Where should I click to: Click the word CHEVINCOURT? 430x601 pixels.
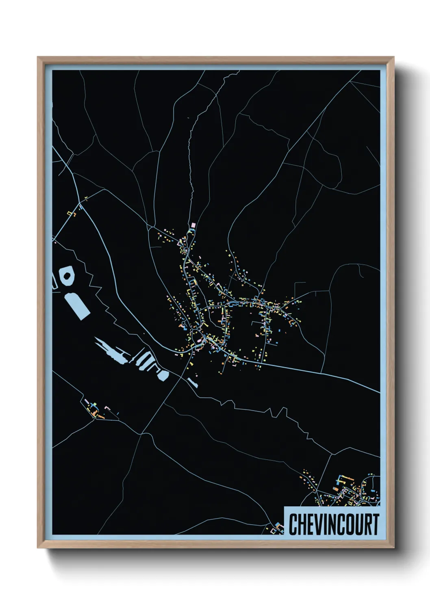pyautogui.click(x=334, y=524)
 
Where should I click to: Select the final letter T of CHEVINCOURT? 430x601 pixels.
pyautogui.click(x=375, y=524)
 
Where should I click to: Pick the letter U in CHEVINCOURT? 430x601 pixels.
pyautogui.click(x=358, y=524)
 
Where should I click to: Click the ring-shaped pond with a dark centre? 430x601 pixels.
pyautogui.click(x=67, y=276)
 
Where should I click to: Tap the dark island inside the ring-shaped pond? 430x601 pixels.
pyautogui.click(x=67, y=276)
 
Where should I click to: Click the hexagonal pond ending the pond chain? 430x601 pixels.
pyautogui.click(x=164, y=375)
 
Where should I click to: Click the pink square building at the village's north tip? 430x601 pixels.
pyautogui.click(x=193, y=225)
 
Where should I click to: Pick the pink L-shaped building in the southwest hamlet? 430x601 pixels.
pyautogui.click(x=108, y=407)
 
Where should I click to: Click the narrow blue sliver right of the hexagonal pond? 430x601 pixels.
pyautogui.click(x=192, y=383)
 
